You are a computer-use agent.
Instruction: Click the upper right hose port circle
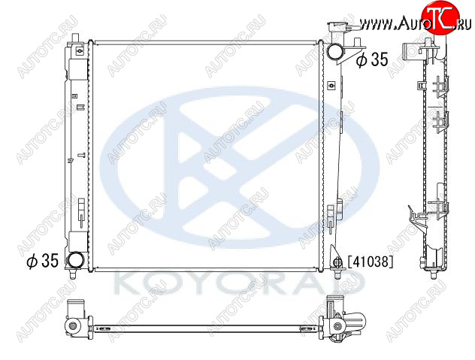pos(335,51)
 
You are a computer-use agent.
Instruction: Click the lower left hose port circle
pos(75,261)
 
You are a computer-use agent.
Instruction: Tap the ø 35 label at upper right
pos(372,59)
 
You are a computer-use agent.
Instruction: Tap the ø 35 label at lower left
pos(42,261)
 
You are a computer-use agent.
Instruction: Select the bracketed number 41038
pos(371,262)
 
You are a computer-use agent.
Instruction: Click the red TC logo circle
pos(440,17)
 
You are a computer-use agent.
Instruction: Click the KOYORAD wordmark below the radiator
pos(239,284)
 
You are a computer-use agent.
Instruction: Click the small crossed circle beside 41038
pos(337,262)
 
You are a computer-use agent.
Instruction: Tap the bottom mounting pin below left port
pos(72,274)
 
